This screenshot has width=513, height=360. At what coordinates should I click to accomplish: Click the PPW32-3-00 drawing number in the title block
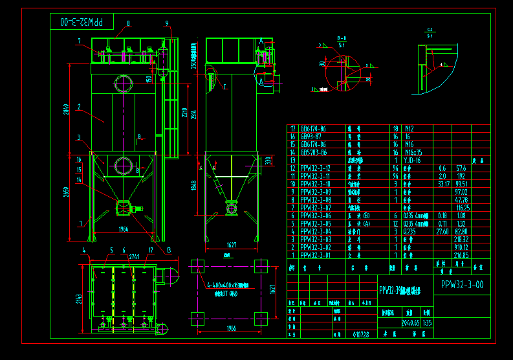[x=461, y=284]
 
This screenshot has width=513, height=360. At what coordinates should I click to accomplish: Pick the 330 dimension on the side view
[x=268, y=161]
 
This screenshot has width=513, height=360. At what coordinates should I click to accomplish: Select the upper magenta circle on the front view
[x=123, y=83]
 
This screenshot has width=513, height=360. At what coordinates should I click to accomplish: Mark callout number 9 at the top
[x=167, y=24]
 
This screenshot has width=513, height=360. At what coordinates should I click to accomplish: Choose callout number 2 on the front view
[x=78, y=106]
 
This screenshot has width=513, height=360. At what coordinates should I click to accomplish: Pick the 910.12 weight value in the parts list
[x=462, y=247]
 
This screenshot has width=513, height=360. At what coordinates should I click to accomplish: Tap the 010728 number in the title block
[x=361, y=334]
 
